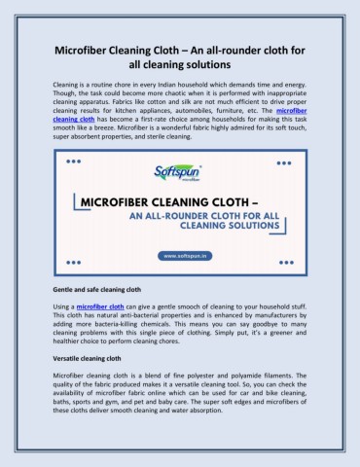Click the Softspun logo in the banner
coord(179,171)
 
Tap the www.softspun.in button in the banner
coord(180,256)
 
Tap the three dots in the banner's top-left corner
coord(72,162)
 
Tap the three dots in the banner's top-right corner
coord(288,162)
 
